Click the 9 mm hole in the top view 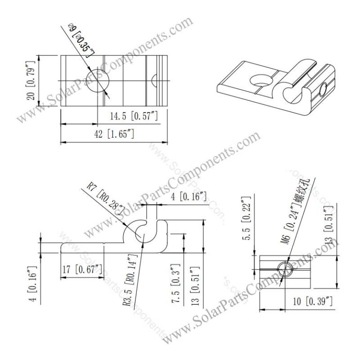(97, 81)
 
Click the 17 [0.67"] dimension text (82, 269)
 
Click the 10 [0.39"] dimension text (309, 301)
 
